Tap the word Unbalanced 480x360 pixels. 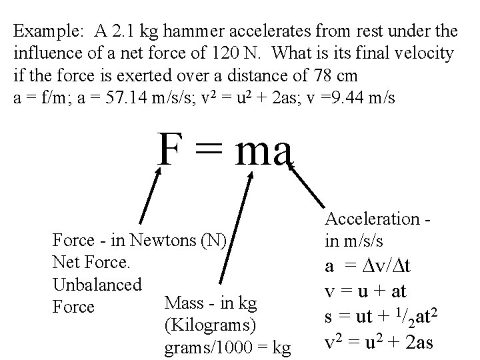coord(97,285)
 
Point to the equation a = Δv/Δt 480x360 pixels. coord(369,267)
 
